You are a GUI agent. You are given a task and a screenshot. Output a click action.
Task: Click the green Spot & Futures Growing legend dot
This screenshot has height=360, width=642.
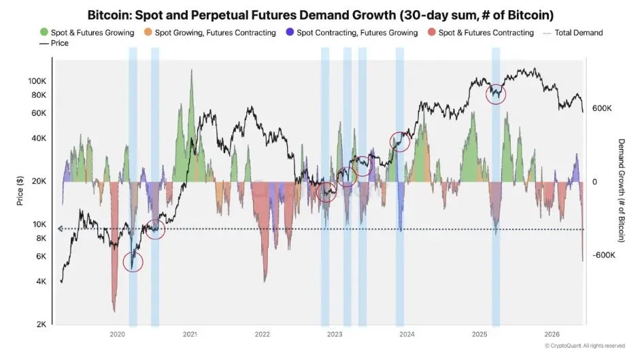click(x=44, y=32)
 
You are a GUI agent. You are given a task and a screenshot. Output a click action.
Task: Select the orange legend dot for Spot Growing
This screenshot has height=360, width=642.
click(x=148, y=32)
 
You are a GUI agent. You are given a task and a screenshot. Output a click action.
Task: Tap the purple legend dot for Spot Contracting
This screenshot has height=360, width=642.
click(x=290, y=32)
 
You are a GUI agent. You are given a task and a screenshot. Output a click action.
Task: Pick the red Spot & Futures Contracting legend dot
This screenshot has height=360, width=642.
click(x=432, y=32)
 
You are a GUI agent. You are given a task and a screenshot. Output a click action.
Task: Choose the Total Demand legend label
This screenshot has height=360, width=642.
click(x=579, y=33)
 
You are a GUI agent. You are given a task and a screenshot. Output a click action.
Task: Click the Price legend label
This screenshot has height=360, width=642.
click(x=59, y=43)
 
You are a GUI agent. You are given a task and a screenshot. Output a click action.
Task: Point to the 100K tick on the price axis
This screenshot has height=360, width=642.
click(x=37, y=81)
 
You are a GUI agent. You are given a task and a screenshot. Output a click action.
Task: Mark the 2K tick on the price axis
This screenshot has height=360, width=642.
click(x=41, y=324)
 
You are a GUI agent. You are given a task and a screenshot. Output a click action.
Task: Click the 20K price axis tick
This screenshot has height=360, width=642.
click(x=39, y=181)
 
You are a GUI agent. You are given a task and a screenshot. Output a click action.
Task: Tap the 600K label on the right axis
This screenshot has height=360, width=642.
click(x=602, y=108)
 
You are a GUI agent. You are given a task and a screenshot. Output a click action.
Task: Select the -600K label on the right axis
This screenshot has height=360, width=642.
click(x=603, y=255)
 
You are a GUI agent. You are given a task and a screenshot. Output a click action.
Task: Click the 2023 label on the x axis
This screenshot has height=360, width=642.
click(x=335, y=334)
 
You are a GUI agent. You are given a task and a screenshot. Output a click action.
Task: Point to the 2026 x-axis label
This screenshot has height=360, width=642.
click(x=552, y=334)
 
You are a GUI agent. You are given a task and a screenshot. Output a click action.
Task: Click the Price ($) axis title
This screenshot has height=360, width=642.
click(x=20, y=191)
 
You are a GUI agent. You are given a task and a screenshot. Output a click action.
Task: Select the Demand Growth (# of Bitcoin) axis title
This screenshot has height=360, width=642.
click(x=621, y=191)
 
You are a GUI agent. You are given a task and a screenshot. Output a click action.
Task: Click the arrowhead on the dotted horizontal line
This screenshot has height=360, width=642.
click(x=60, y=229)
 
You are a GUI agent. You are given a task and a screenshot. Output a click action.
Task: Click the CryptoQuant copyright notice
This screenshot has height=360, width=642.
click(x=585, y=346)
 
